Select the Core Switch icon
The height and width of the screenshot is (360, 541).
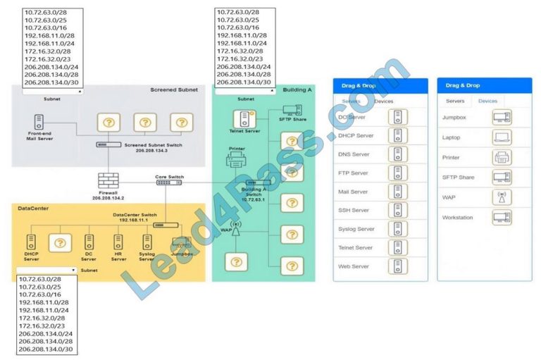pyautogui.click(x=169, y=182)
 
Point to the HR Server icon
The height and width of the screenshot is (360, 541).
pyautogui.click(x=118, y=242)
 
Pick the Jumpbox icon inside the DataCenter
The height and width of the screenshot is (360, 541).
pyautogui.click(x=181, y=242)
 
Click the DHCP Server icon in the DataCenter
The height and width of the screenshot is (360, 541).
pyautogui.click(x=31, y=242)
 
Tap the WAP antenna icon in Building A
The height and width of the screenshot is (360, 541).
pyautogui.click(x=236, y=228)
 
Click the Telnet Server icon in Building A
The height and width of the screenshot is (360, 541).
pyautogui.click(x=245, y=118)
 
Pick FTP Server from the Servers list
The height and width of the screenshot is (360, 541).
pyautogui.click(x=353, y=173)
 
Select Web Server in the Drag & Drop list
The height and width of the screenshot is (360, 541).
pyautogui.click(x=353, y=266)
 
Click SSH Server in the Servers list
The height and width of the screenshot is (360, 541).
pyautogui.click(x=353, y=210)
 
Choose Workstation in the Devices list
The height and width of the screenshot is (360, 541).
pyautogui.click(x=458, y=218)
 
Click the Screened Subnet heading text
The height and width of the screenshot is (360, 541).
pyautogui.click(x=173, y=90)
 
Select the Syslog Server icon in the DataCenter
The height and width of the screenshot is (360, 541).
pyautogui.click(x=147, y=242)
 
